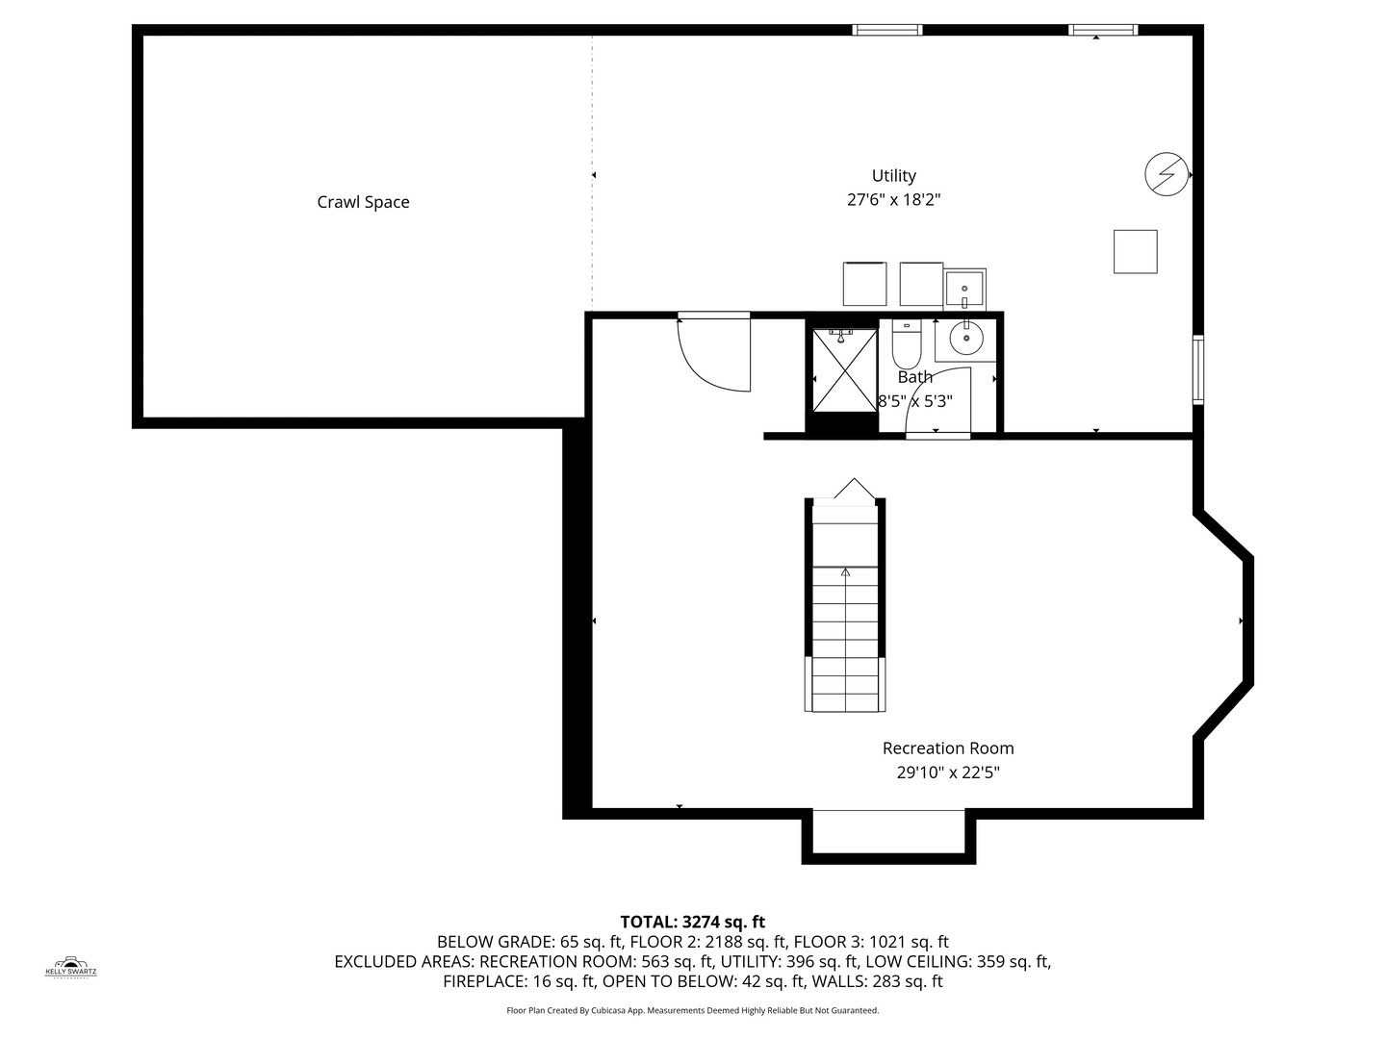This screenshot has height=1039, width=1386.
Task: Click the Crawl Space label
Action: [x=363, y=202]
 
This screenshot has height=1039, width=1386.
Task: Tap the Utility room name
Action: [x=893, y=175]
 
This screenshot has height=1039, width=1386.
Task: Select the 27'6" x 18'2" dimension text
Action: [x=893, y=200]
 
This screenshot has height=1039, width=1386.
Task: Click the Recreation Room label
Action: [x=948, y=748]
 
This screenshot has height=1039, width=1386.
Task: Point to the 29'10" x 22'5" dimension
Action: [x=948, y=772]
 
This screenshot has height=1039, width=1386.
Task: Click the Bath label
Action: [x=914, y=377]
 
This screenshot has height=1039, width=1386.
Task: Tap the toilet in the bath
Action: [x=907, y=342]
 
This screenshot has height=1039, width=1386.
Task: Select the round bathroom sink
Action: [x=964, y=338]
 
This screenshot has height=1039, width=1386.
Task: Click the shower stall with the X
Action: [x=843, y=369]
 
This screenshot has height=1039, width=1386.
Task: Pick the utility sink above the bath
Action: [x=964, y=288]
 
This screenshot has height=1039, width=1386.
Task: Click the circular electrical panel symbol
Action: [x=1166, y=175]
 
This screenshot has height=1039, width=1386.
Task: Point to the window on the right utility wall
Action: [x=1198, y=368]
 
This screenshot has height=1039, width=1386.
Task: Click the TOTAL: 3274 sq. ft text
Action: [x=692, y=922]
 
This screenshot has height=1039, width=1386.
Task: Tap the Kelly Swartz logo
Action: [x=71, y=966]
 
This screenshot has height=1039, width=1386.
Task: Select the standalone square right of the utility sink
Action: [x=1136, y=251]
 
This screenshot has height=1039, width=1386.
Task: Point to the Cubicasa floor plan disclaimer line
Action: [x=692, y=1011]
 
